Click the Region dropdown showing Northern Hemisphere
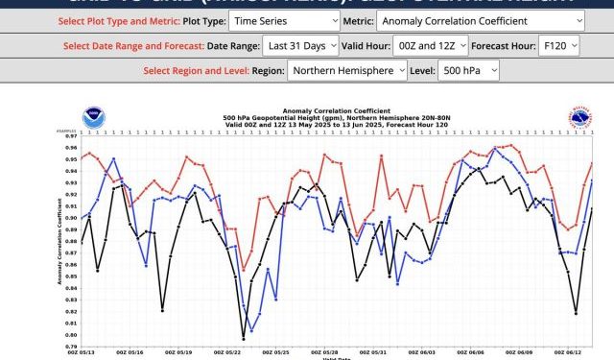(x=343, y=70)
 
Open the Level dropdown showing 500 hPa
(x=468, y=70)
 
